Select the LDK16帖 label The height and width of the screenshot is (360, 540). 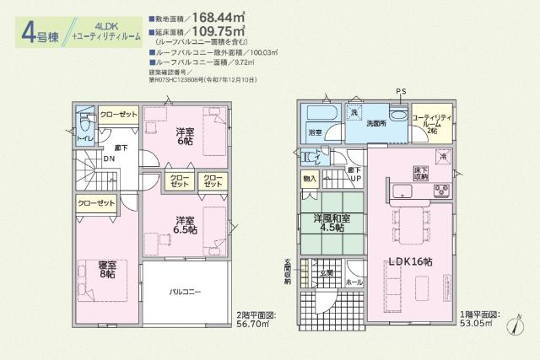[407, 262]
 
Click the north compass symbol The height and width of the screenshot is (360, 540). [516, 327]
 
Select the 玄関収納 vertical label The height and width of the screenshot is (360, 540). [288, 274]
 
